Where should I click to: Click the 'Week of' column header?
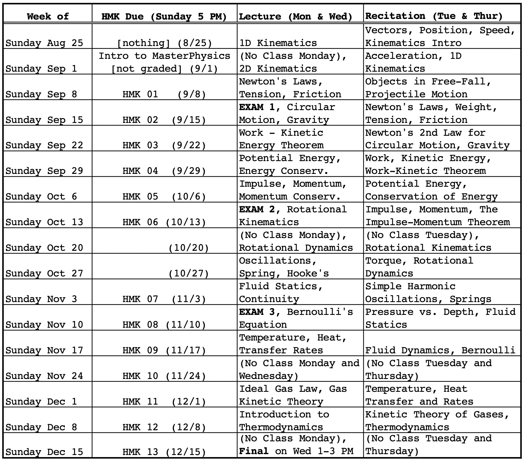pos(48,16)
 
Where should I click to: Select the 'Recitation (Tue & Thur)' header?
pos(434,16)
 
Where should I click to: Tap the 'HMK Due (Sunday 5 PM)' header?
pos(164,16)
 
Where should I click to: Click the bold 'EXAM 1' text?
pos(257,107)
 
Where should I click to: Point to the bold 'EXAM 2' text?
pos(257,209)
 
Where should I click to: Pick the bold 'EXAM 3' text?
pos(257,312)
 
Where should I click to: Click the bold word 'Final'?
pos(254,451)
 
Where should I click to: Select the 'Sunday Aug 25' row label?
pos(44,43)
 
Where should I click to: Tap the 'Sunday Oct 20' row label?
pos(44,248)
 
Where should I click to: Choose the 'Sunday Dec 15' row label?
pos(44,452)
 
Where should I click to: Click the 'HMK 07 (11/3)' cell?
pos(164,299)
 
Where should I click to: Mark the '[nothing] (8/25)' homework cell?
pos(164,43)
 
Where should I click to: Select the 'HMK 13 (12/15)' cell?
pos(164,452)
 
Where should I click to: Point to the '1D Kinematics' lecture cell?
pos(278,43)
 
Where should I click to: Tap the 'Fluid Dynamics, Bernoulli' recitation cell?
pos(440,350)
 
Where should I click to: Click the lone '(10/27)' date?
pos(189,274)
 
